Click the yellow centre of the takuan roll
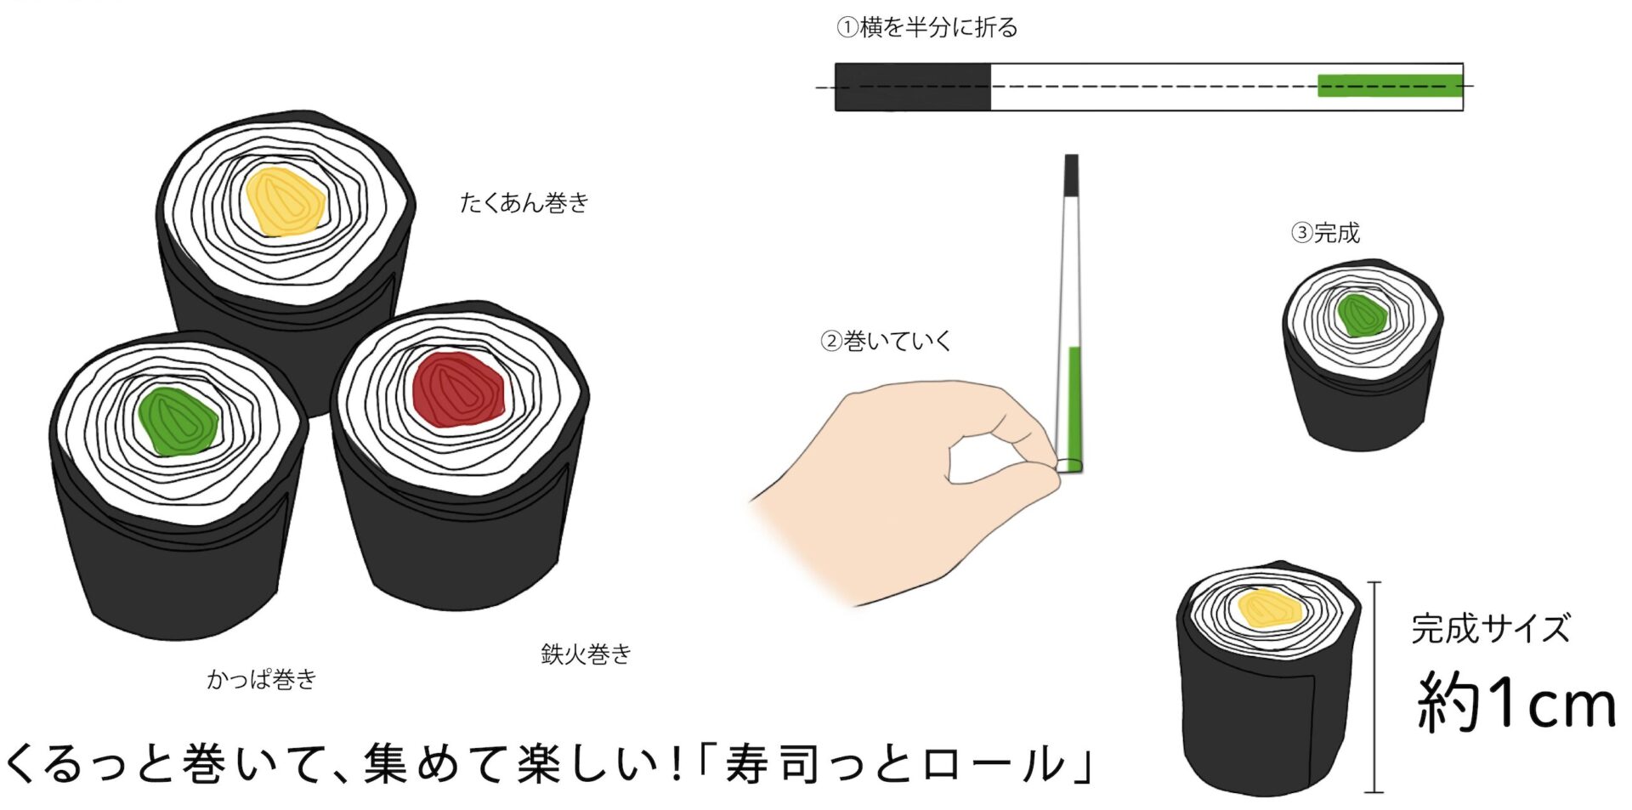(285, 201)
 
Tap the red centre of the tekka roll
(458, 389)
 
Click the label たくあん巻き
(524, 203)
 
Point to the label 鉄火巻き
(586, 654)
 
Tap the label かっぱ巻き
(262, 678)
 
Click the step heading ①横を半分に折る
(927, 27)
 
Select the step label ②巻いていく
(886, 341)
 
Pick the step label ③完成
(1325, 232)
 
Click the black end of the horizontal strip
(913, 87)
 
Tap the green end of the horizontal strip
(1390, 85)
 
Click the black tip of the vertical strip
(1072, 175)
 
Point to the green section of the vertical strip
(1074, 403)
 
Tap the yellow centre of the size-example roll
(1270, 608)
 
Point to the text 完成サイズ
(1491, 629)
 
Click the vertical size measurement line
(1374, 687)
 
